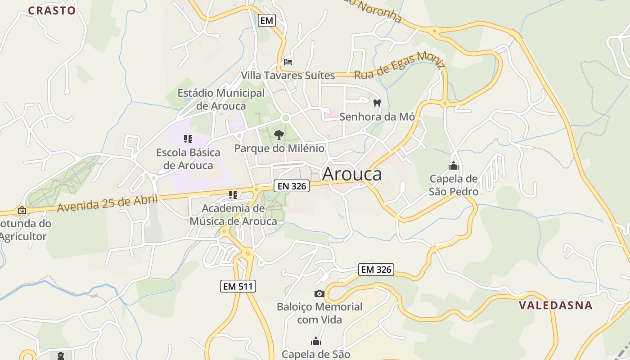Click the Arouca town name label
pyautogui.click(x=352, y=174)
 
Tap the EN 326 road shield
pyautogui.click(x=292, y=185)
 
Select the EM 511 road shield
pyautogui.click(x=238, y=286)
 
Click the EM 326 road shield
pyautogui.click(x=377, y=270)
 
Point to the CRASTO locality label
pyautogui.click(x=52, y=11)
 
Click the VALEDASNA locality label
pyautogui.click(x=556, y=305)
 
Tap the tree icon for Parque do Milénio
pyautogui.click(x=279, y=135)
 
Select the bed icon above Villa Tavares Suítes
pyautogui.click(x=288, y=62)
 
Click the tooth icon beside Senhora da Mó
pyautogui.click(x=377, y=103)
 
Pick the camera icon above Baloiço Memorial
pyautogui.click(x=319, y=294)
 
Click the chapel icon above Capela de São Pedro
pyautogui.click(x=454, y=166)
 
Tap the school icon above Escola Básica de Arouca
pyautogui.click(x=188, y=139)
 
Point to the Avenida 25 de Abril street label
pyautogui.click(x=108, y=203)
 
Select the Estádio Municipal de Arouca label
pyautogui.click(x=221, y=99)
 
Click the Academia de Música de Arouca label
pyautogui.click(x=233, y=215)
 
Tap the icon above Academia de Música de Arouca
pyautogui.click(x=233, y=195)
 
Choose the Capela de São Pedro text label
pyautogui.click(x=454, y=185)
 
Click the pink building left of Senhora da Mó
pyautogui.click(x=332, y=114)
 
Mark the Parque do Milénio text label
pyautogui.click(x=279, y=148)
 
